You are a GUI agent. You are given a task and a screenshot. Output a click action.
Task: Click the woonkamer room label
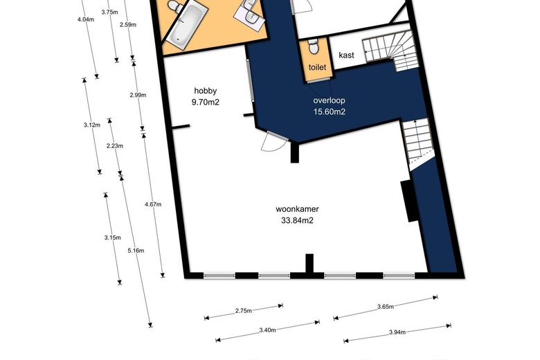(297, 209)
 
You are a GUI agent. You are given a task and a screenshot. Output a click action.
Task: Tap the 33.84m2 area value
(297, 220)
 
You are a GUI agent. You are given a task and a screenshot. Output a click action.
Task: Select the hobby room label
(206, 91)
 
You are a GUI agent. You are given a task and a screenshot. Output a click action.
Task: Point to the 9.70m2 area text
(206, 102)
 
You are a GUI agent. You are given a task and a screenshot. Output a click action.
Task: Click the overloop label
(330, 100)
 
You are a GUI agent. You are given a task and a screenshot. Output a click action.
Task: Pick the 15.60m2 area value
(330, 111)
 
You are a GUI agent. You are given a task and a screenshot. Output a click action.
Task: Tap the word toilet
(317, 67)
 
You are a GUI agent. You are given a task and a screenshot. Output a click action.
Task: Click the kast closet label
(346, 55)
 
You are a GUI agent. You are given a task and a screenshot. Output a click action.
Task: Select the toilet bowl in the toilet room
(314, 46)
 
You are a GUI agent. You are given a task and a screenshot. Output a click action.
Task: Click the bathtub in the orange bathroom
(186, 25)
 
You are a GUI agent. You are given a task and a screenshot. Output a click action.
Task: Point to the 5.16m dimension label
(136, 251)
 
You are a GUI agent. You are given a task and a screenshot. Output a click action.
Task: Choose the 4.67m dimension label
(153, 204)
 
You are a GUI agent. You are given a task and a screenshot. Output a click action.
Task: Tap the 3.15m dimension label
(113, 237)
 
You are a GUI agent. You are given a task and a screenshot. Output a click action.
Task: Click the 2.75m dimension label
(244, 311)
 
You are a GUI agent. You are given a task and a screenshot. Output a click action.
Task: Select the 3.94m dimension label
(397, 332)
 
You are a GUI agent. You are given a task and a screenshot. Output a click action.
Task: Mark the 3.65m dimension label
(386, 306)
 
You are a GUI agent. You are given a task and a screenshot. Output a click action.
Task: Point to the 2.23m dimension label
(115, 145)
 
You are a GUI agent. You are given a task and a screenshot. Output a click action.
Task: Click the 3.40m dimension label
(268, 330)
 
